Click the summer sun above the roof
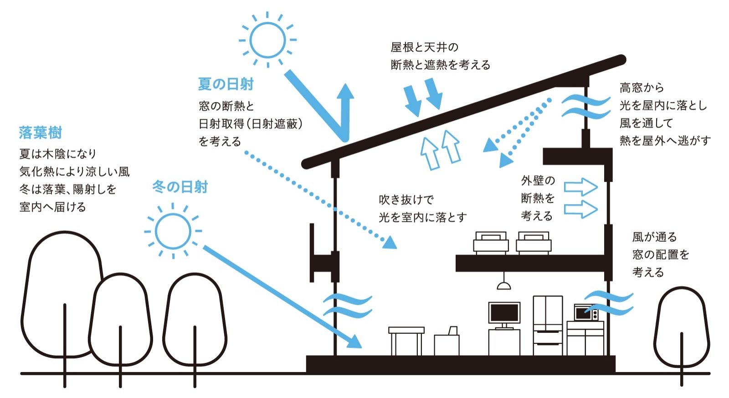268,40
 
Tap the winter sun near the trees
173,231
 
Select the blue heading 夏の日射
226,84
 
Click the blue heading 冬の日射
180,187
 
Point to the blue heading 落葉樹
41,133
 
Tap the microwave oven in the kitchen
586,313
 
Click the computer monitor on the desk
504,313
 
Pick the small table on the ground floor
406,339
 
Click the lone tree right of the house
682,328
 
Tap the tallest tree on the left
64,291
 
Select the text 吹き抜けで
406,200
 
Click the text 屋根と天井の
425,47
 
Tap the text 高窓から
642,87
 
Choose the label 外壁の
538,181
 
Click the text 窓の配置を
661,255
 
